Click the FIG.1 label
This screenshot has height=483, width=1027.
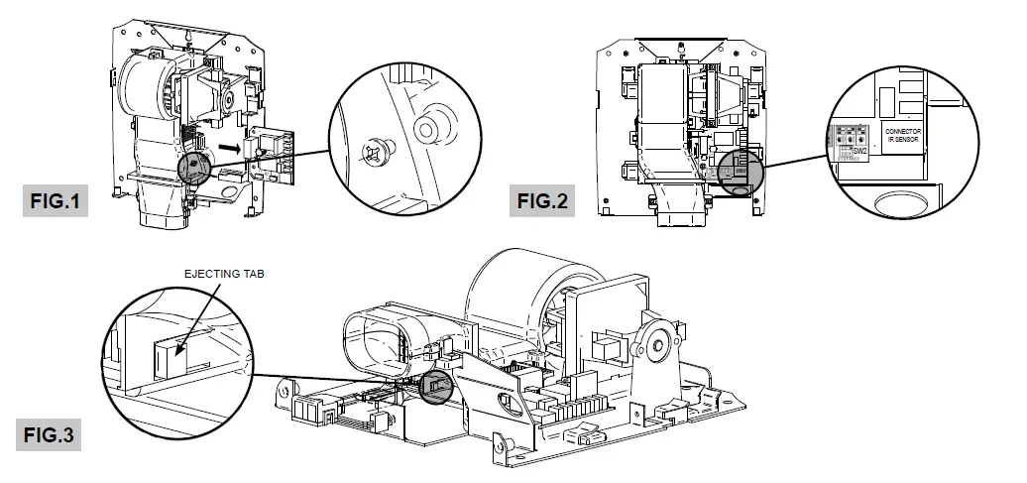pyautogui.click(x=55, y=201)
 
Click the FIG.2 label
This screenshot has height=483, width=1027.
pyautogui.click(x=543, y=201)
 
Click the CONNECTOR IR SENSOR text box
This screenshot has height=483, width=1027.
pyautogui.click(x=902, y=135)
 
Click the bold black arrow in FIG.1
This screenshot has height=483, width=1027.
pyautogui.click(x=229, y=149)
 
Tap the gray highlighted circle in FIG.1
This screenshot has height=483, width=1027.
pyautogui.click(x=196, y=167)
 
